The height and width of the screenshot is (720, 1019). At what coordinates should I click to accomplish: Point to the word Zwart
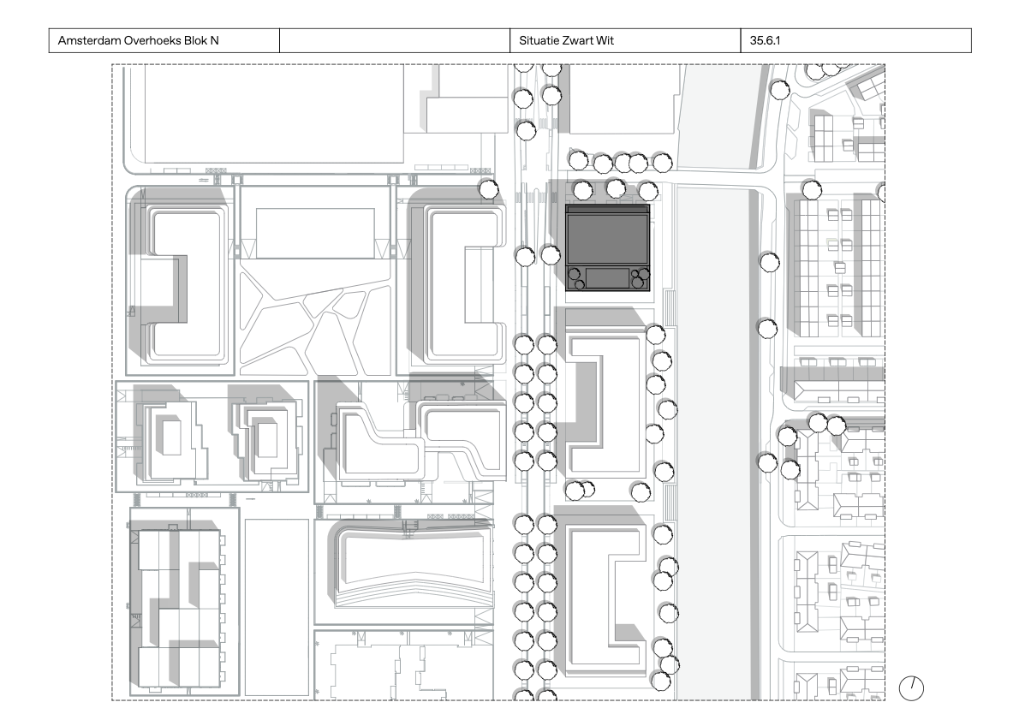pyautogui.click(x=581, y=40)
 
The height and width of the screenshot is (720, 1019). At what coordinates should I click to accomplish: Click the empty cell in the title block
pyautogui.click(x=395, y=40)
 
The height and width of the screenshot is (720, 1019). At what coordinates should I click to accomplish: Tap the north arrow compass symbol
pyautogui.click(x=912, y=687)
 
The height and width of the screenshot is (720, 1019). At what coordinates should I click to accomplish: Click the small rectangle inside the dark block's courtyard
pyautogui.click(x=607, y=277)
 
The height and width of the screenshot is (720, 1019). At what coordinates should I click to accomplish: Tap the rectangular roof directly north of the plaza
pyautogui.click(x=315, y=232)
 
